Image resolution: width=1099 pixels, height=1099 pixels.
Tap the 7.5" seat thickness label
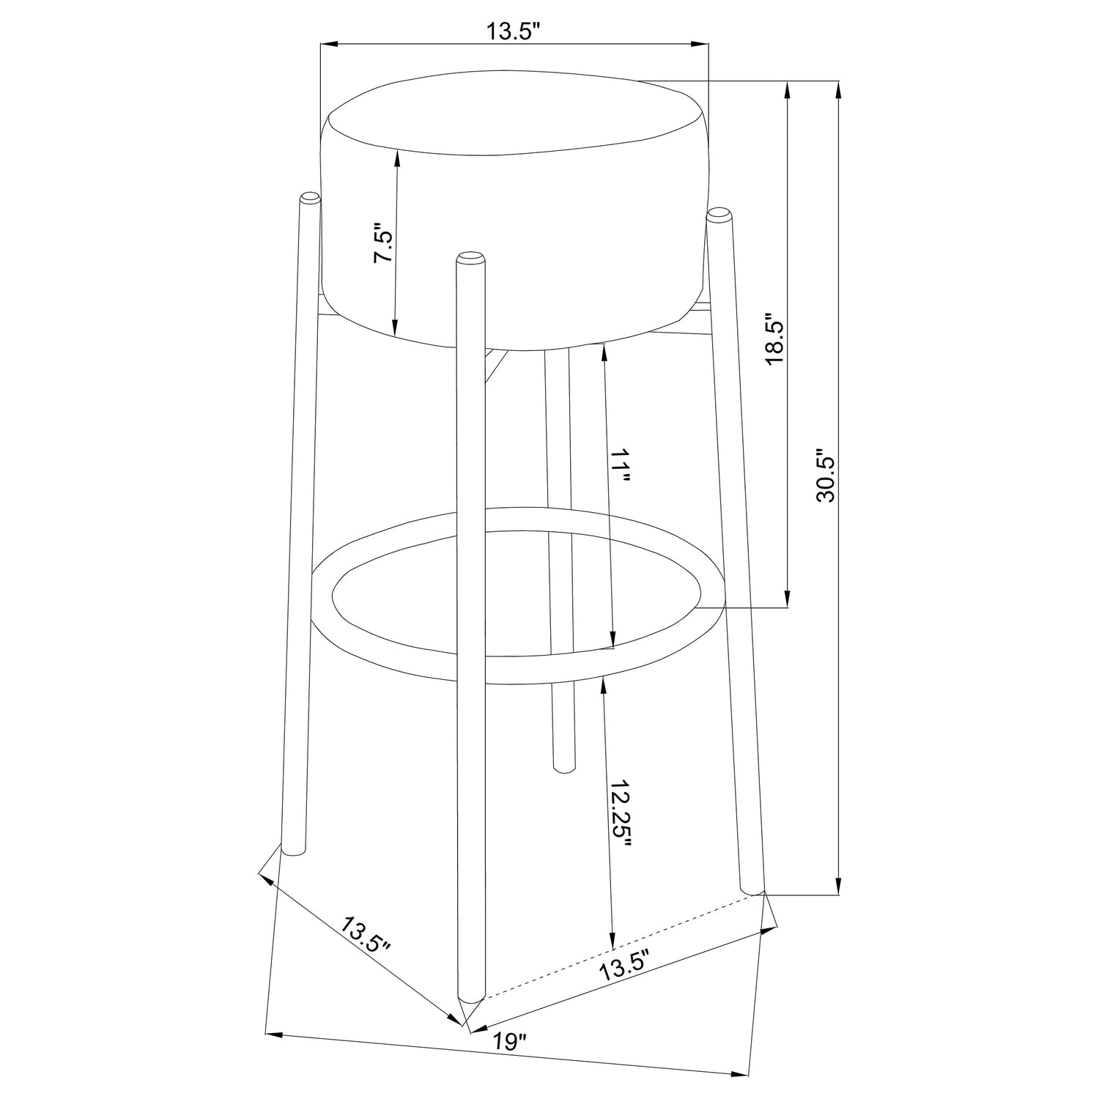tap(384, 243)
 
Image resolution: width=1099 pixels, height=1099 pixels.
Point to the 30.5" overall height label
tap(826, 476)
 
